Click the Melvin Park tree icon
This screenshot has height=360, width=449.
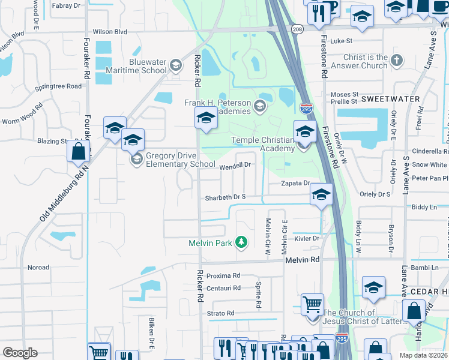click(x=241, y=242)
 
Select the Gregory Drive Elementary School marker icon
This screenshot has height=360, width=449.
click(x=137, y=159)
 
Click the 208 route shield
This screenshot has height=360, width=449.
click(x=297, y=28)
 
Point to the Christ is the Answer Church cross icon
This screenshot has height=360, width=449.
click(x=396, y=60)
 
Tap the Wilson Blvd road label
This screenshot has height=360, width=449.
click(x=110, y=31)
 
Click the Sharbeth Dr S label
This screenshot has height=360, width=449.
click(x=226, y=197)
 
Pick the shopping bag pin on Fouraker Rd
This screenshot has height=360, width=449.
click(x=78, y=152)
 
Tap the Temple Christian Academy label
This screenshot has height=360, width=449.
click(x=263, y=144)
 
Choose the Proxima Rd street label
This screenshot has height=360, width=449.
click(x=223, y=275)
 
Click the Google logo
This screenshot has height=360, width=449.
click(x=20, y=353)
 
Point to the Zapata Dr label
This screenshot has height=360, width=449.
click(x=297, y=183)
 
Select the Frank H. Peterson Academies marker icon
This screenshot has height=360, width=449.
click(x=260, y=107)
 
